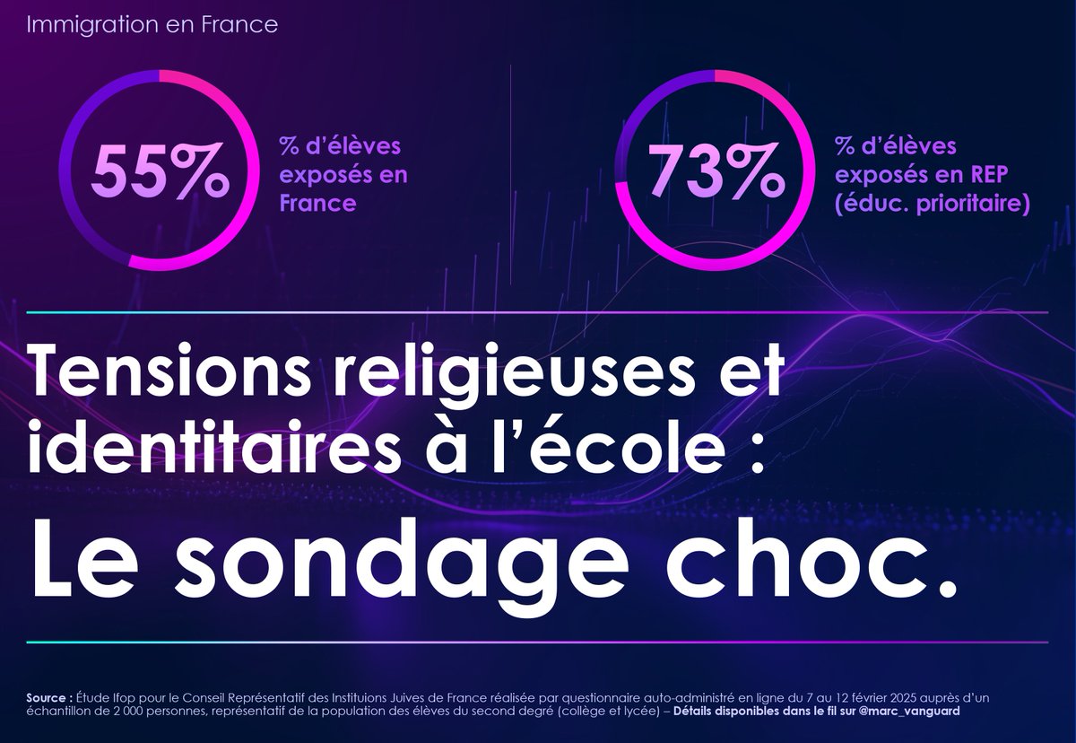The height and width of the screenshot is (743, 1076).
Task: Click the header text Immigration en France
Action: click(152, 24)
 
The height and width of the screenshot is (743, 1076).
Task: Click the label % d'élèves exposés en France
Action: click(343, 174)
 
